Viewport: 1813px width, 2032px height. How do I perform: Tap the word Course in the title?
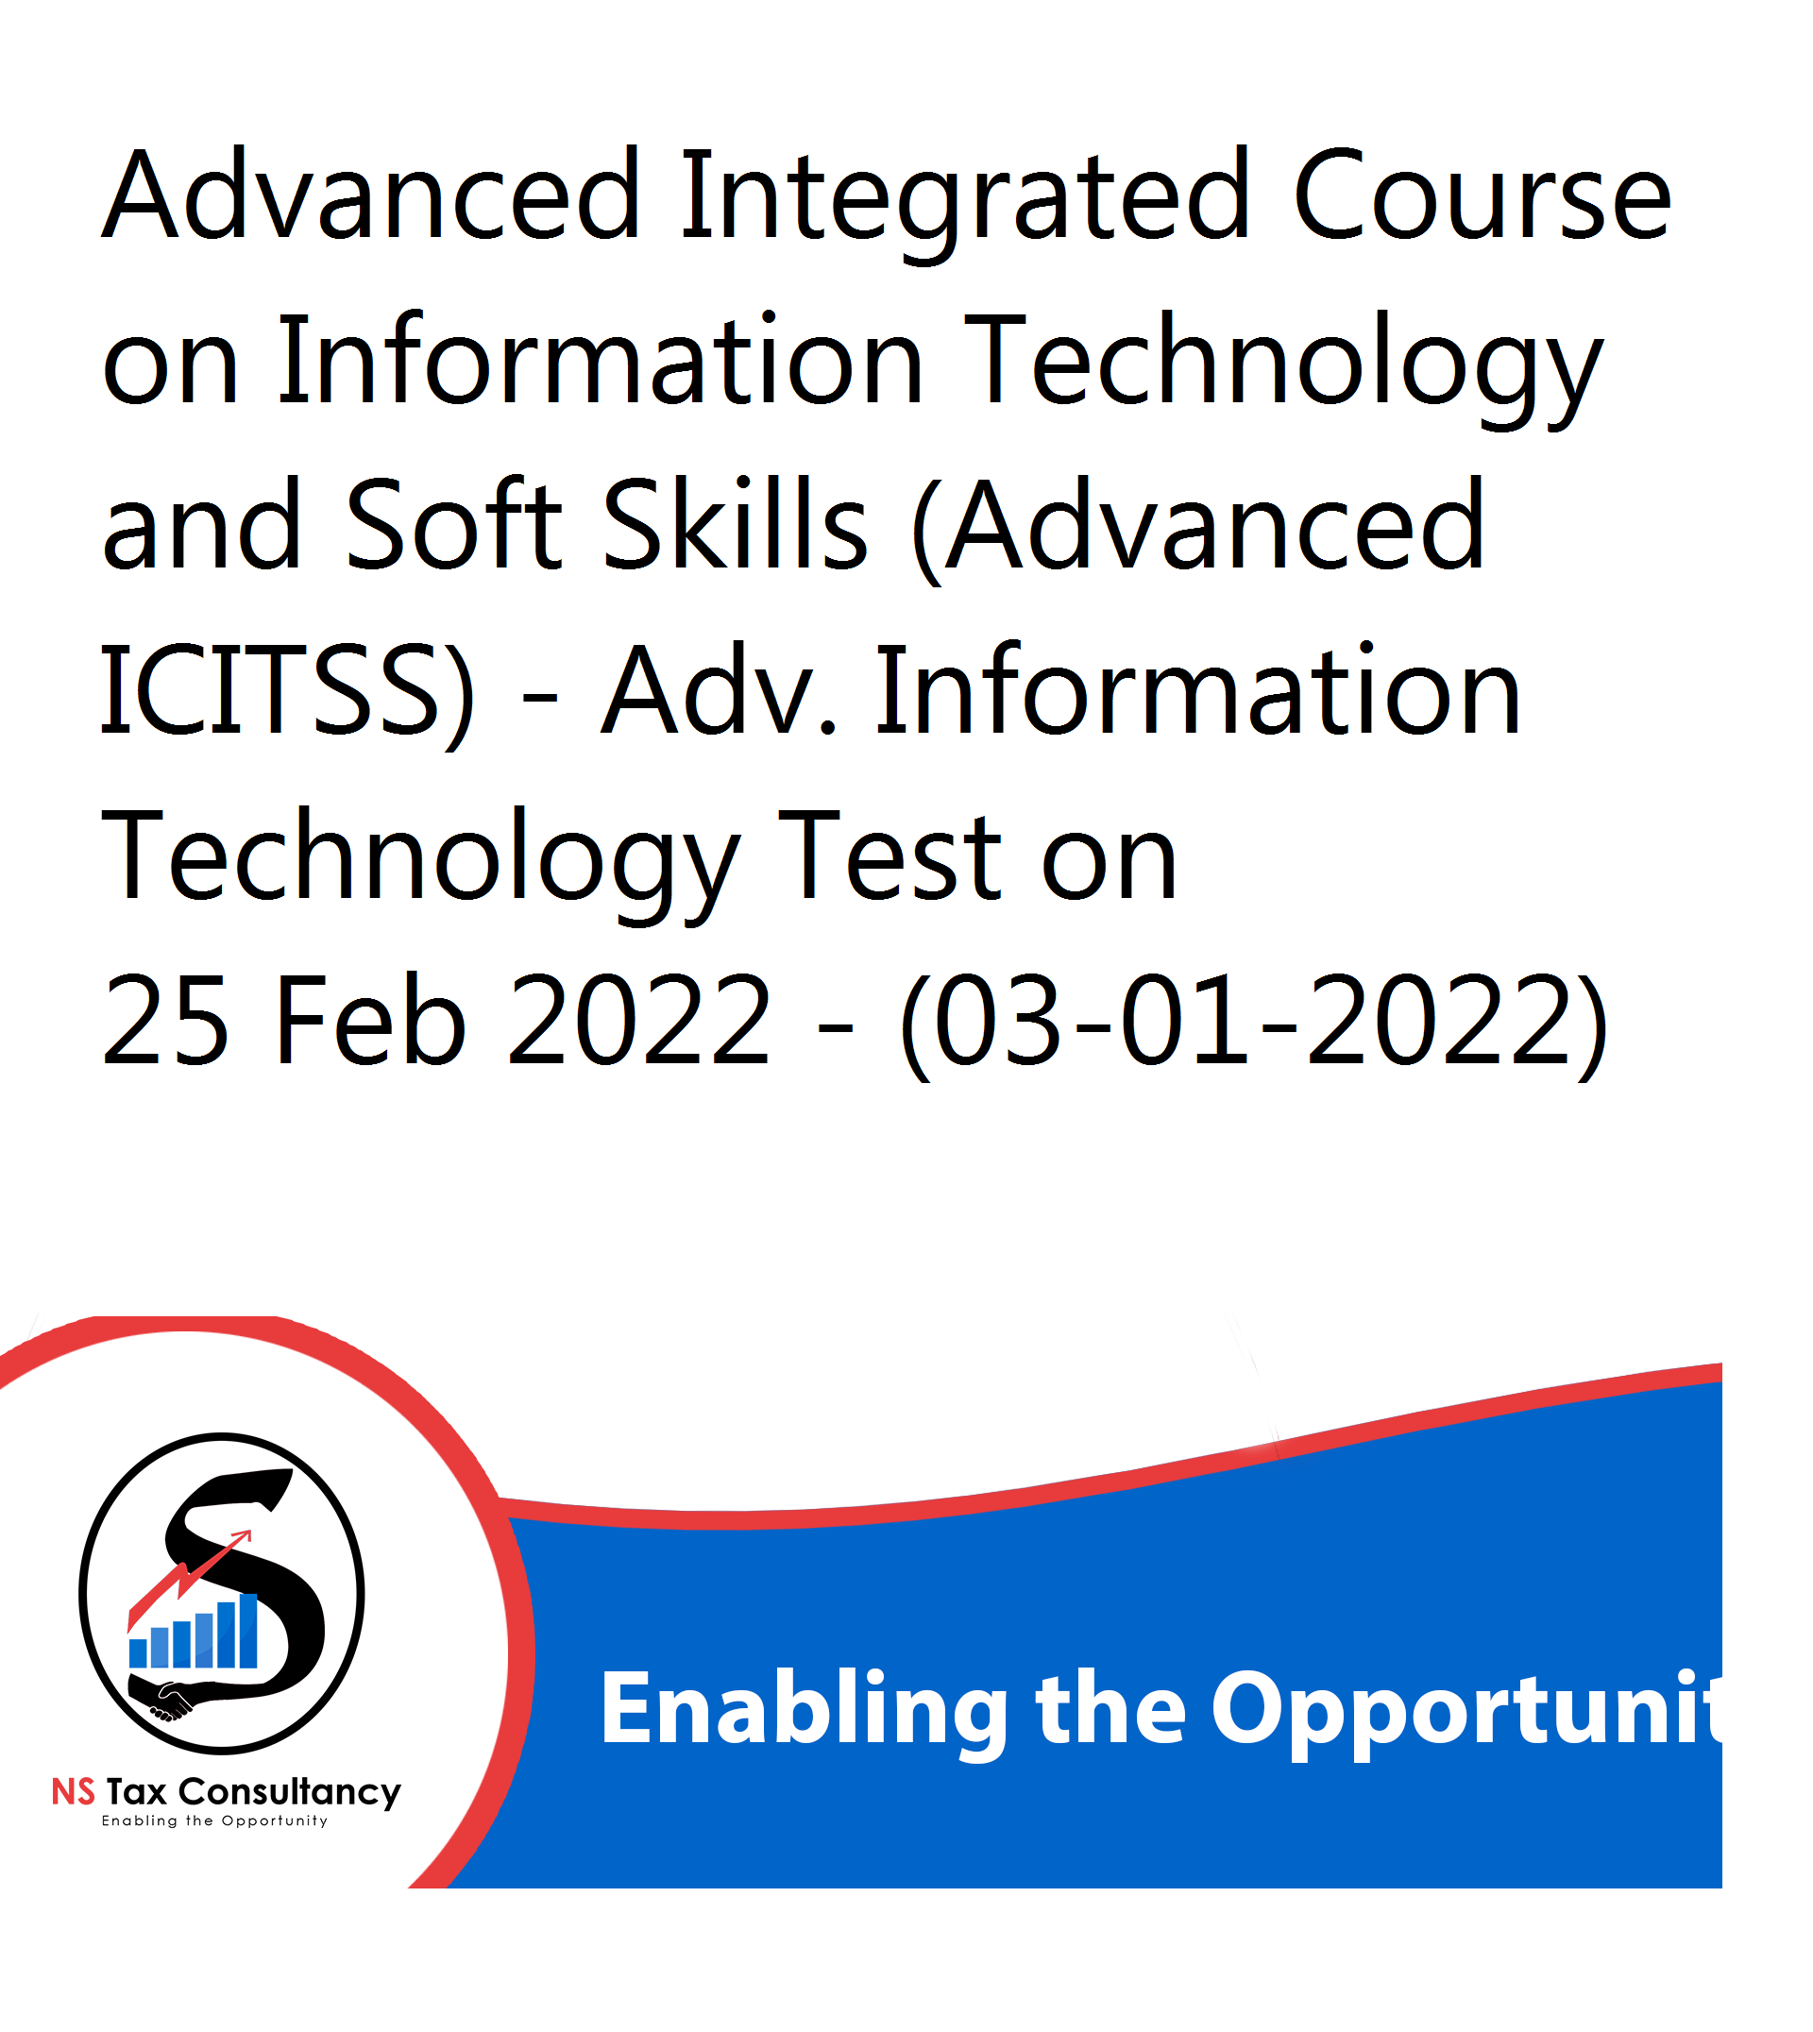(x=1483, y=195)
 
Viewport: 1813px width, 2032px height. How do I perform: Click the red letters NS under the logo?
(x=73, y=1792)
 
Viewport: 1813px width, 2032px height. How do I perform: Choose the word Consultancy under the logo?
(x=290, y=1794)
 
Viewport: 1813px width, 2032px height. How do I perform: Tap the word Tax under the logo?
(x=137, y=1792)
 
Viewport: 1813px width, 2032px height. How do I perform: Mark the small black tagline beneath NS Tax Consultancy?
(x=214, y=1821)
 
